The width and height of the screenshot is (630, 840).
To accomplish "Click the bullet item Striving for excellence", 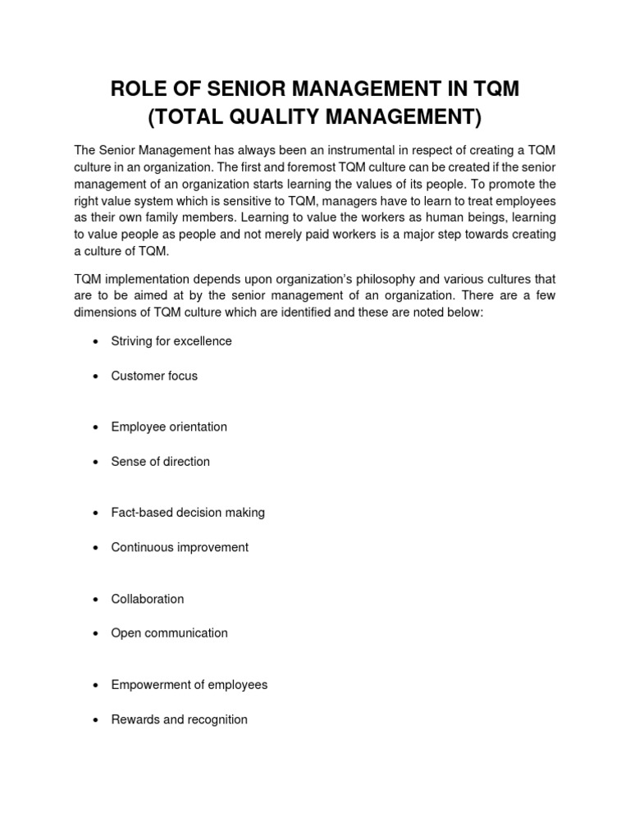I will coord(171,341).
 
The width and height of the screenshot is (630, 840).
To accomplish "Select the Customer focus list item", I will coord(154,376).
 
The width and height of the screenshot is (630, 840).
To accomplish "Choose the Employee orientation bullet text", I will coord(169,427).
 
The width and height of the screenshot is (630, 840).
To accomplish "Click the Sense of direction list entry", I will coord(161,462).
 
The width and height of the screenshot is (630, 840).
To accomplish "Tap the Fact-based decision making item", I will coord(188,513).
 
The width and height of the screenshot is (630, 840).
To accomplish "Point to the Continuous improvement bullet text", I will coord(180,547).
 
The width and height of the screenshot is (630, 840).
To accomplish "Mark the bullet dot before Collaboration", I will coord(97,600).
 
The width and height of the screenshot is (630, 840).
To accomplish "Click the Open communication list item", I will coord(170,633).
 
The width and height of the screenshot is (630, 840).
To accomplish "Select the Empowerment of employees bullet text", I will coord(189,684).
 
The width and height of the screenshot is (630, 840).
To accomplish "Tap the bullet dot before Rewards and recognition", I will coord(97,720).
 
